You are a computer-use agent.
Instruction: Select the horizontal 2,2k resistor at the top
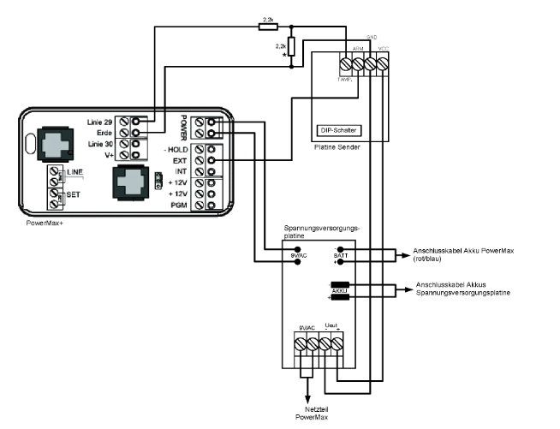(x=268, y=27)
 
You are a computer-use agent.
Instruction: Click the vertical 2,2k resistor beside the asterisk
(x=291, y=47)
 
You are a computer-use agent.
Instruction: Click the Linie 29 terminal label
(x=100, y=122)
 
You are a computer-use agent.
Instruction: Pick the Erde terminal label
(x=105, y=133)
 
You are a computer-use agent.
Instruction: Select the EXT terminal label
(x=177, y=160)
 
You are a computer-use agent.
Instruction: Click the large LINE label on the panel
(x=74, y=173)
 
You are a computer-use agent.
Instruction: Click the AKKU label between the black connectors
(x=338, y=290)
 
